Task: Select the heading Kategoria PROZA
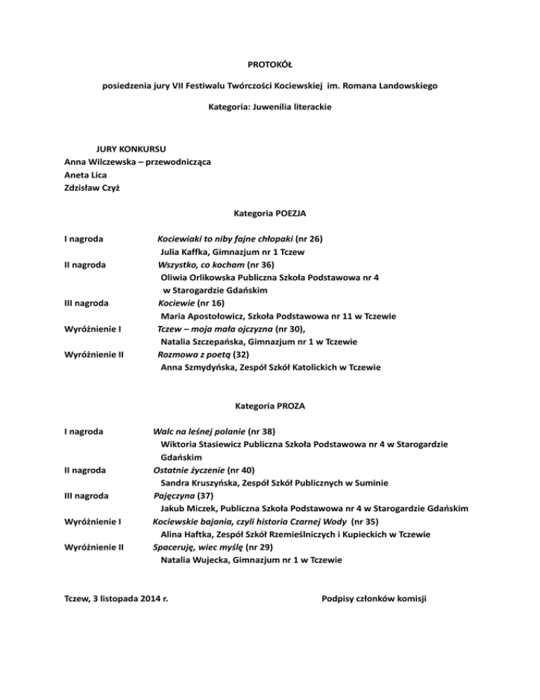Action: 270,406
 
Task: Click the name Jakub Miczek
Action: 188,508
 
